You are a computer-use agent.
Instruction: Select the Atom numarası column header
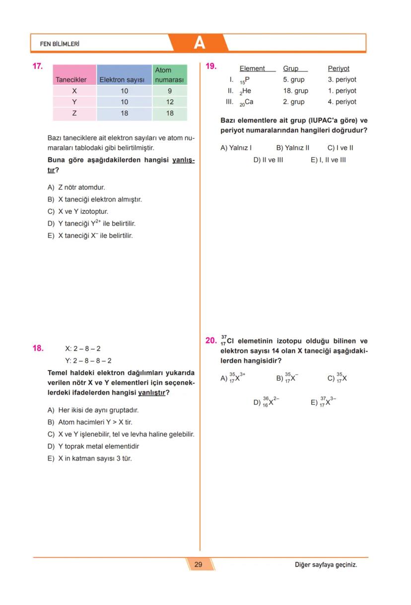click(169, 75)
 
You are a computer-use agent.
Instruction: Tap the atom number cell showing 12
click(169, 102)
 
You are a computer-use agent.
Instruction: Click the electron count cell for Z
click(124, 113)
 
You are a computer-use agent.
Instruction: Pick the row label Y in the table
click(74, 102)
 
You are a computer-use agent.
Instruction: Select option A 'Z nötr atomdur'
click(76, 188)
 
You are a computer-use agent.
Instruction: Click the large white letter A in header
click(199, 43)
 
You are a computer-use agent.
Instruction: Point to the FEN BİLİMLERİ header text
click(60, 44)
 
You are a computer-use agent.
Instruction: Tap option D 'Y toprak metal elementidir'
click(93, 446)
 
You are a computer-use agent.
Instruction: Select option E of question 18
click(90, 459)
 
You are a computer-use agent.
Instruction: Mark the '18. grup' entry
click(295, 91)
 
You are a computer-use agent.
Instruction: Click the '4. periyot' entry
click(342, 102)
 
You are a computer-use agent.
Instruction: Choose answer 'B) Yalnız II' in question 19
click(292, 148)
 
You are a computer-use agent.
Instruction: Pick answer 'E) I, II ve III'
click(328, 160)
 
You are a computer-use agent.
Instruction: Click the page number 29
click(198, 564)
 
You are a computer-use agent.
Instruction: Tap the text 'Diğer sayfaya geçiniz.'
click(326, 565)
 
